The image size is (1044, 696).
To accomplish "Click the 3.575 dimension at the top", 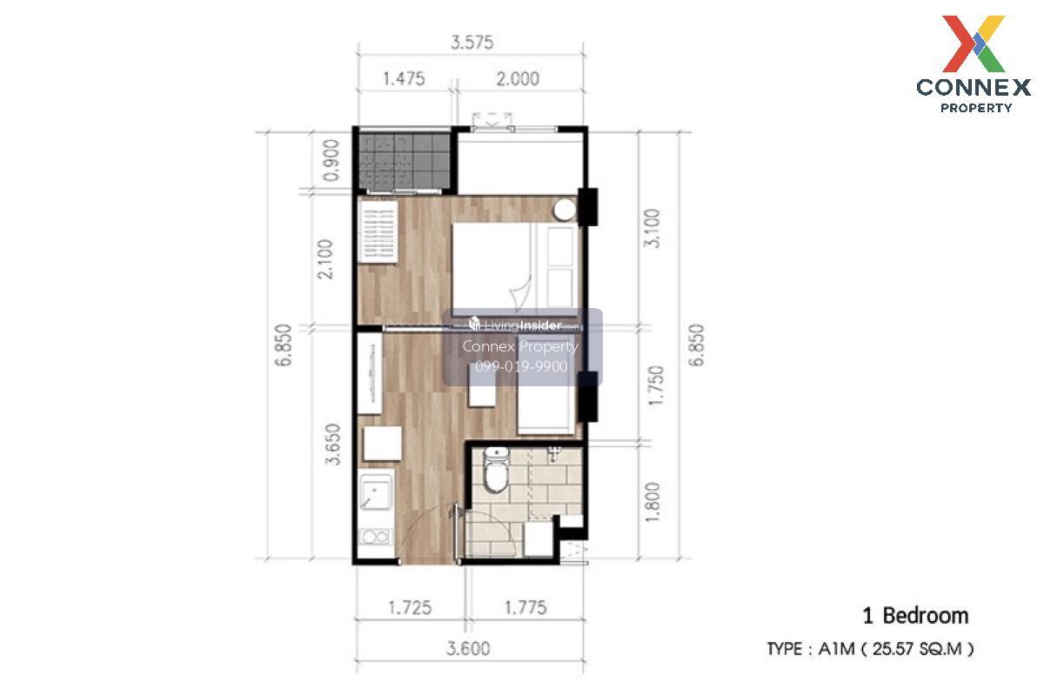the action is click(x=472, y=43).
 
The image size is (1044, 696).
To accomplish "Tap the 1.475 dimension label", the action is click(x=404, y=78).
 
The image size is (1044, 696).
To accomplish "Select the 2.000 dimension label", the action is click(x=518, y=78).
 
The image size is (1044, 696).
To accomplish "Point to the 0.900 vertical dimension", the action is click(x=331, y=160).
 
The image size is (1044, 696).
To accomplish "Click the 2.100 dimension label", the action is click(x=325, y=259).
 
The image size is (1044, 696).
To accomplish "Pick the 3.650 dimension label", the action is click(x=332, y=445).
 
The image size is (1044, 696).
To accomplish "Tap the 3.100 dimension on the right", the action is click(x=652, y=229).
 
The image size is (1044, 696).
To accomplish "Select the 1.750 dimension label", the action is click(x=655, y=385).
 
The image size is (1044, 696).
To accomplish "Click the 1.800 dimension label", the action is click(x=652, y=502).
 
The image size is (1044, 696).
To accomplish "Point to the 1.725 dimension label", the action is click(x=410, y=608).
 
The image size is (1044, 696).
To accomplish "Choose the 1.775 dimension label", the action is click(x=525, y=608).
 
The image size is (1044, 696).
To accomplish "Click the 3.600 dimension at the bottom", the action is click(x=468, y=648).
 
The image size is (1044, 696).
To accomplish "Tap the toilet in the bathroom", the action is click(x=496, y=469).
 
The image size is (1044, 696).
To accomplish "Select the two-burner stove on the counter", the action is click(x=376, y=537).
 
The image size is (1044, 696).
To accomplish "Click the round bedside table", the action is click(x=565, y=210).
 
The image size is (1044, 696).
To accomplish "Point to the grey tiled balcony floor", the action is click(x=404, y=162).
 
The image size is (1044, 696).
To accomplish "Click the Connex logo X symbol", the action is click(x=974, y=43).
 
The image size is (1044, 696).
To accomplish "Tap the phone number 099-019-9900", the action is click(x=521, y=366).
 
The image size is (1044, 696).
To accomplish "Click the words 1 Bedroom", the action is click(x=916, y=616).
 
